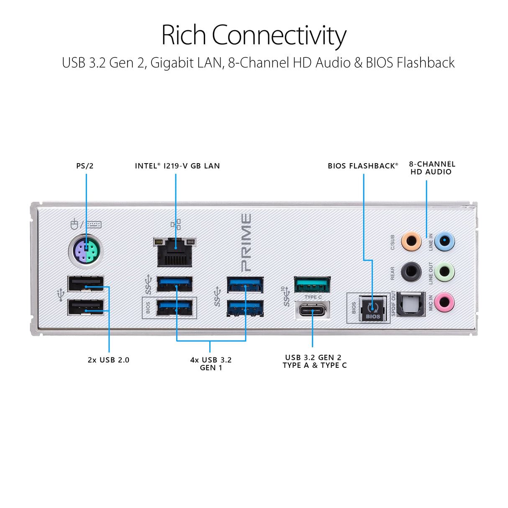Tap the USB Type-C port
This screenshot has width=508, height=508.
coord(312,310)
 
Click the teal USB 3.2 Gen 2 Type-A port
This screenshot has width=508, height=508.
coord(312,285)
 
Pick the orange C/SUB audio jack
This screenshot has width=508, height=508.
coord(411,241)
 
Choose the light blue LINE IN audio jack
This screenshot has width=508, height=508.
coord(444,241)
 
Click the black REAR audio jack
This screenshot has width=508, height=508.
coord(411,272)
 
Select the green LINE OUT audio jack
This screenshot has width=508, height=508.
coord(444,272)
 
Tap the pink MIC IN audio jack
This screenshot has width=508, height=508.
coord(444,302)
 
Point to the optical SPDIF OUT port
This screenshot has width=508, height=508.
coord(411,304)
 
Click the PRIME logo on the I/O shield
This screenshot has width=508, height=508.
coord(246,243)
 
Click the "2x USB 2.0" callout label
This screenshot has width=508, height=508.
coord(108,360)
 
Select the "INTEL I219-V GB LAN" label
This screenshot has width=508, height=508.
coord(177,166)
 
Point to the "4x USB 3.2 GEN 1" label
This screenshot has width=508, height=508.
coord(211,364)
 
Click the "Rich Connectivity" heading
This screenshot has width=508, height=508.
coord(254,35)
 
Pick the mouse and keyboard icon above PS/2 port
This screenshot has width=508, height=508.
coord(86,224)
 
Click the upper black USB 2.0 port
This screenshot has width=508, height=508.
coord(86,284)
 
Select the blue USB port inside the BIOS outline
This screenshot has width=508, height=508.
coord(174,308)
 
